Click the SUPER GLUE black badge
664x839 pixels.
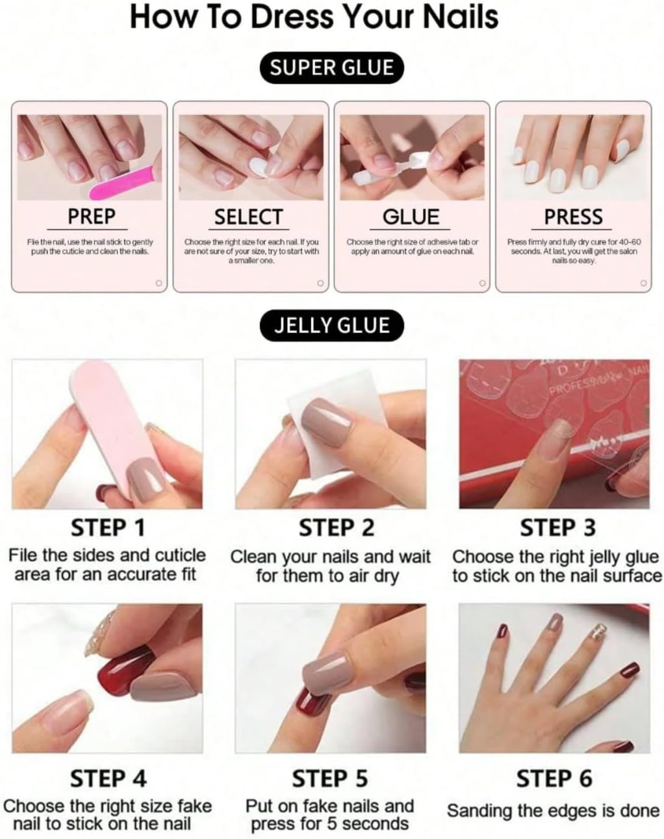point(331,68)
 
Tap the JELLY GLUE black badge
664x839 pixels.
point(331,325)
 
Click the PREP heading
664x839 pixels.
point(91,216)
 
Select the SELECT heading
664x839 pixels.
point(249,217)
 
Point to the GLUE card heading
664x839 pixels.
point(411,217)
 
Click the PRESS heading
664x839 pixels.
point(573,217)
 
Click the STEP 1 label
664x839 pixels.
point(108,527)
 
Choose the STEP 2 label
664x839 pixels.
point(336,528)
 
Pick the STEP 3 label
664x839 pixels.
point(557,528)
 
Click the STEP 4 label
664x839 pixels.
point(108,778)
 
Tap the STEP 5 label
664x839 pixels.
point(329,778)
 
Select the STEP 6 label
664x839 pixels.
point(554,778)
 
